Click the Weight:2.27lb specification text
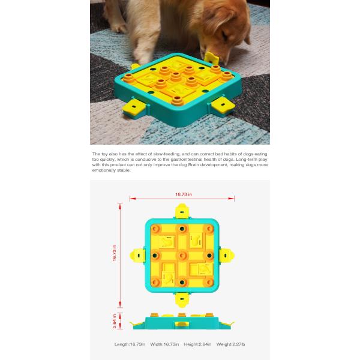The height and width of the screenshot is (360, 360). (x=232, y=344)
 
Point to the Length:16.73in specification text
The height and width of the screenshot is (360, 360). (x=130, y=344)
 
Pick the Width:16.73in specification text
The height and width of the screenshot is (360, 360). (x=164, y=344)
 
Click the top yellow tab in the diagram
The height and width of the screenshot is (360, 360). (x=181, y=211)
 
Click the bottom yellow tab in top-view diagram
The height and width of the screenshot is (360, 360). (x=181, y=298)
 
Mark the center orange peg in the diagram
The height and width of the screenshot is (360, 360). (x=181, y=255)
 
